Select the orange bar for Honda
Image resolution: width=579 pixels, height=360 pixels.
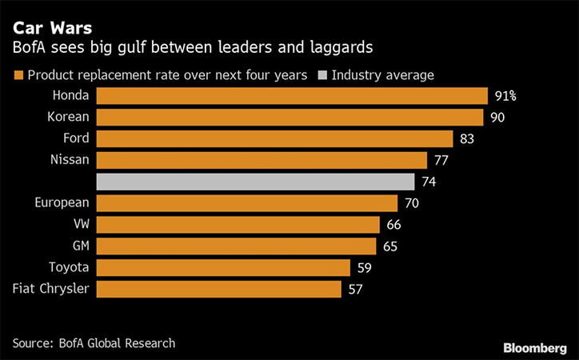[292, 96]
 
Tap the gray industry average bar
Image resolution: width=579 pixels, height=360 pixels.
[255, 182]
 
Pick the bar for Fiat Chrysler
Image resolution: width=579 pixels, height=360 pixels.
[219, 289]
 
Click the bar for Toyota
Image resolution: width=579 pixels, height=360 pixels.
[223, 267]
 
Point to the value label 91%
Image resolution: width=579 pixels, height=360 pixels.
[505, 96]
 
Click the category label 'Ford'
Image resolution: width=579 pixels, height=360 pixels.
[76, 138]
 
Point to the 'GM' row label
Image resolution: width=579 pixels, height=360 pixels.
[78, 246]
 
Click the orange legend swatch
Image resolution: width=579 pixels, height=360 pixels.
[18, 76]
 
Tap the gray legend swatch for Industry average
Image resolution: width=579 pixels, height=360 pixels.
[321, 76]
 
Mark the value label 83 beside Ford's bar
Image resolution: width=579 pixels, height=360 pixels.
[469, 138]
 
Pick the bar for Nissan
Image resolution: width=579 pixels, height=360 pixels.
[262, 160]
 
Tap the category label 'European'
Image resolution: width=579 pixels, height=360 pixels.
[62, 203]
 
